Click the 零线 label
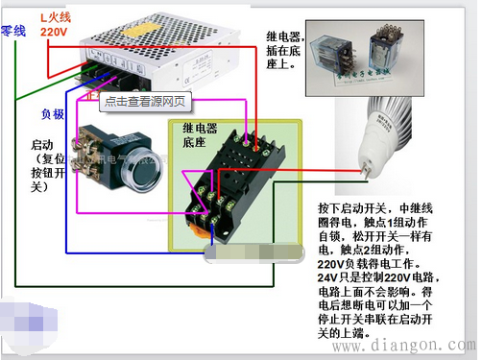click(x=12, y=31)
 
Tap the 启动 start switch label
click(x=43, y=144)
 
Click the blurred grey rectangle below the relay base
click(x=250, y=252)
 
